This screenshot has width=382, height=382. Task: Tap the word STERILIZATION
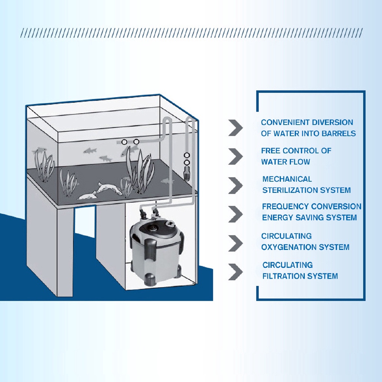pos(289,190)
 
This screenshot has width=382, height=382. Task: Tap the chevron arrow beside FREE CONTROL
pos(236,156)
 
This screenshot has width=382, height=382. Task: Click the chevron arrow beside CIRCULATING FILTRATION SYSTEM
pos(236,272)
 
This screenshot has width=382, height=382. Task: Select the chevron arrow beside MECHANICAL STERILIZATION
pos(236,185)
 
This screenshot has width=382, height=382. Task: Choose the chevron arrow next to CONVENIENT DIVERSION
pos(236,128)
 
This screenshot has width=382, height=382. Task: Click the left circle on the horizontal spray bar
pos(125,141)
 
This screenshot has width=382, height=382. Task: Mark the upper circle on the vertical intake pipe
pos(187,155)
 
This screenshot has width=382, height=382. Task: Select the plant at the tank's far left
pos(44,165)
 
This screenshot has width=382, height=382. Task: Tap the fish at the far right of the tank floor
pos(167,181)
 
